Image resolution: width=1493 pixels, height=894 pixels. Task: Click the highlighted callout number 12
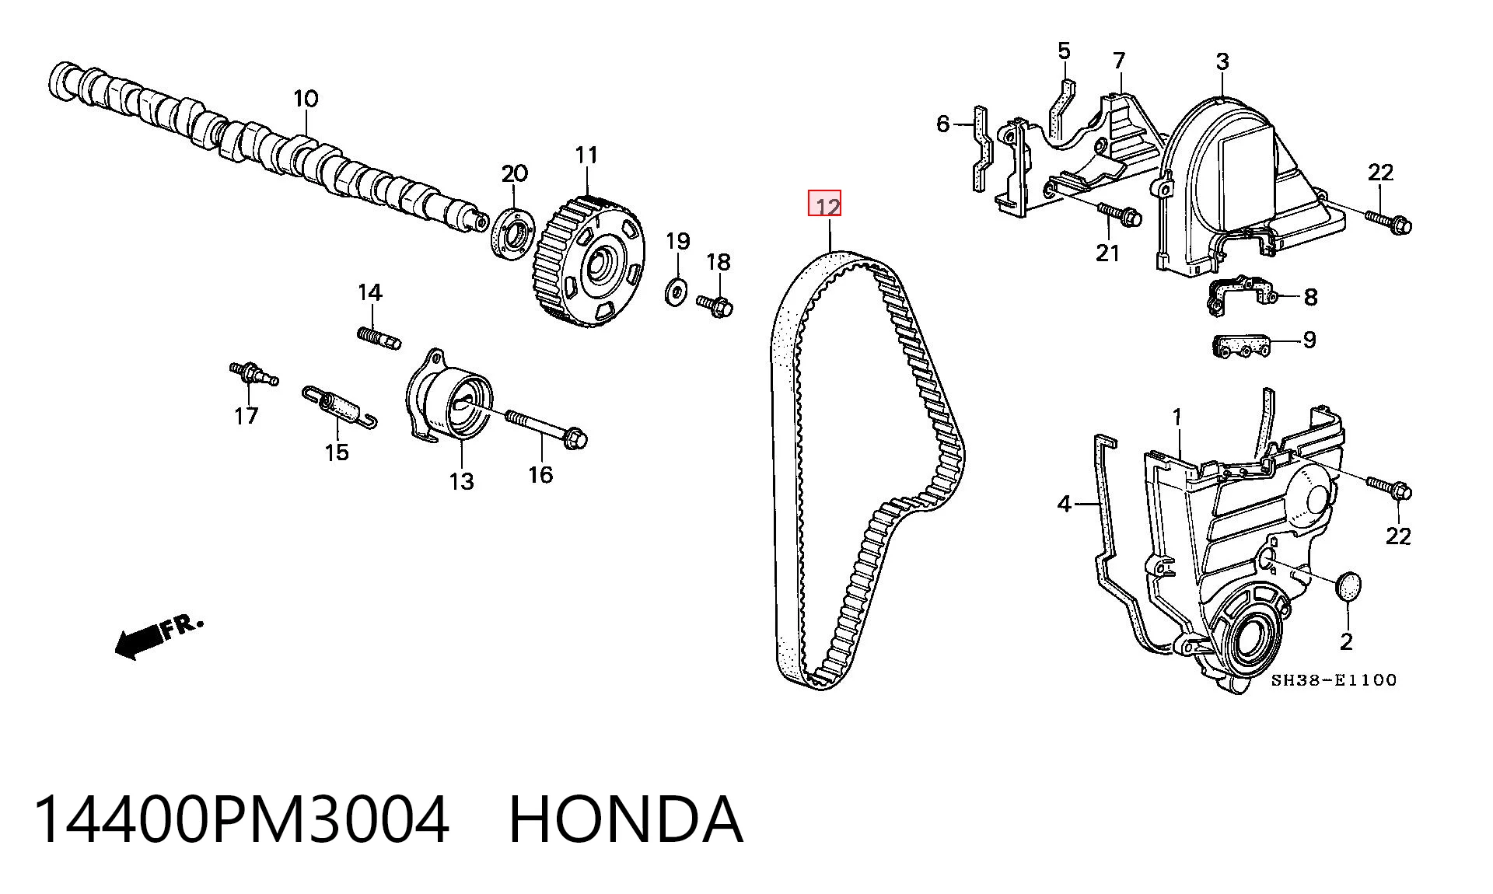(x=825, y=204)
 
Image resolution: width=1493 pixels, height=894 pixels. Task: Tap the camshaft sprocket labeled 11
(x=589, y=264)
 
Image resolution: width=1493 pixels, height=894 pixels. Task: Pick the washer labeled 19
(x=675, y=290)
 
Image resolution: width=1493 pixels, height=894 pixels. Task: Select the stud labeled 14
(x=379, y=338)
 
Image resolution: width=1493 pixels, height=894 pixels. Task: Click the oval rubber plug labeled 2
(x=1348, y=586)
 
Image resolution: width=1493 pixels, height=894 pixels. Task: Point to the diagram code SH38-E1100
(x=1334, y=680)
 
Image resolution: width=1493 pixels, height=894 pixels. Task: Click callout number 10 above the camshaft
(x=306, y=99)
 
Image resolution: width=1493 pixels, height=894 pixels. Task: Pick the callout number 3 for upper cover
(x=1222, y=61)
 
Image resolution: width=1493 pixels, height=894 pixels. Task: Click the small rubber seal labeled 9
(x=1242, y=346)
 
